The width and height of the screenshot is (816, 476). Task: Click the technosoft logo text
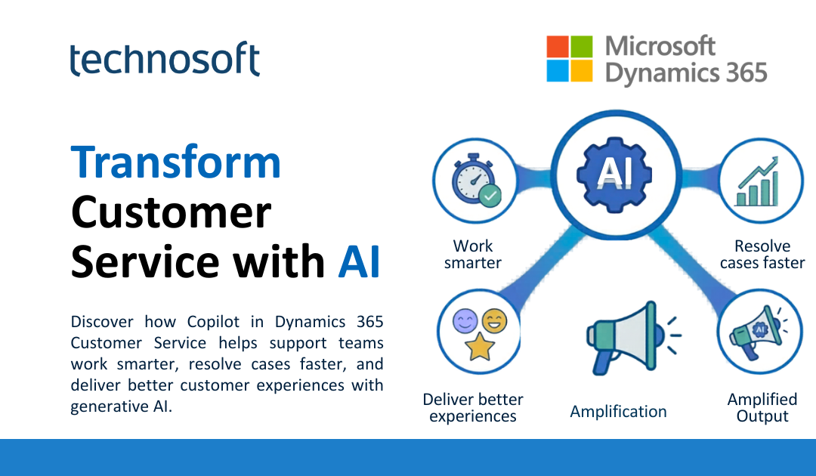tap(165, 60)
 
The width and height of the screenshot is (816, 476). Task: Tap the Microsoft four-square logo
tap(570, 59)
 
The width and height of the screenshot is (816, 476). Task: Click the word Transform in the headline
tap(176, 162)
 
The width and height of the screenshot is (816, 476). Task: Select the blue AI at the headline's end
tap(359, 261)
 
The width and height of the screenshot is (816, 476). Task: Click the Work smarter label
tap(473, 255)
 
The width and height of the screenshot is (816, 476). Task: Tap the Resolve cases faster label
tap(762, 255)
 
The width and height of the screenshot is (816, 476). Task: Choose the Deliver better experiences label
tap(473, 407)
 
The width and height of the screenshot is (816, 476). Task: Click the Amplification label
tap(618, 412)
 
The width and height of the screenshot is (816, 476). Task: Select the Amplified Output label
tap(762, 407)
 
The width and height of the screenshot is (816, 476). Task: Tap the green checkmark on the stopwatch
tap(491, 196)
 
